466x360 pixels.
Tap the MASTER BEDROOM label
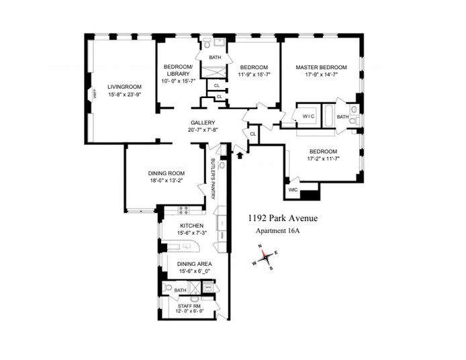click(x=321, y=67)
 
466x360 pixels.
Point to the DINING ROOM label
click(x=165, y=173)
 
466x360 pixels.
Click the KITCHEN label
click(x=191, y=226)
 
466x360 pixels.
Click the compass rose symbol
click(x=267, y=257)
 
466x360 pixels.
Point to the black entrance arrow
click(x=240, y=156)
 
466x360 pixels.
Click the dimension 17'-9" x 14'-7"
click(x=321, y=75)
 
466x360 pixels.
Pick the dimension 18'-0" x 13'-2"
click(x=165, y=181)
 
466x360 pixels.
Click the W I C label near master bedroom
click(x=308, y=116)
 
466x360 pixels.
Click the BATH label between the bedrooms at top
click(x=215, y=58)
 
